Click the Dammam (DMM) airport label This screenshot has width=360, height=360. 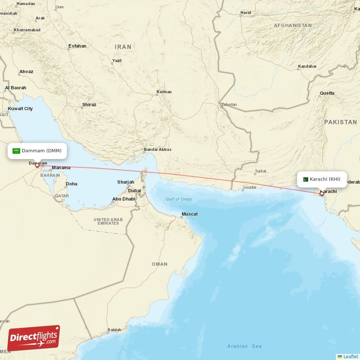click(37, 151)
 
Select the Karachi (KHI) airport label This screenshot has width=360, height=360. click(322, 179)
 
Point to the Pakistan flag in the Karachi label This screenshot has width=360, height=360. click(305, 179)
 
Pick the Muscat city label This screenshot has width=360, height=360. click(189, 214)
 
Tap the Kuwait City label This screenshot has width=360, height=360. click(20, 108)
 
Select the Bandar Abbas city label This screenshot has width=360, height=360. click(157, 150)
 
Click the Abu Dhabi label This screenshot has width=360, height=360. click(124, 198)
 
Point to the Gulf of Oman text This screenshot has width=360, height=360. click(179, 199)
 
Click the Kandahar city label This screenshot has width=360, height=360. click(307, 67)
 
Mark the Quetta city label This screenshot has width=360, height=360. click(327, 93)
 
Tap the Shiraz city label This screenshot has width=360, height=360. click(89, 105)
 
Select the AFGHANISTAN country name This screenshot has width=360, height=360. click(293, 26)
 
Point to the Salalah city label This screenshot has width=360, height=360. click(114, 330)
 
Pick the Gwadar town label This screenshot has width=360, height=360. click(249, 187)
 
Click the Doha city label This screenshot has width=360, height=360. click(71, 184)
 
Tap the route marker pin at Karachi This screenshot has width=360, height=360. click(321, 193)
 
